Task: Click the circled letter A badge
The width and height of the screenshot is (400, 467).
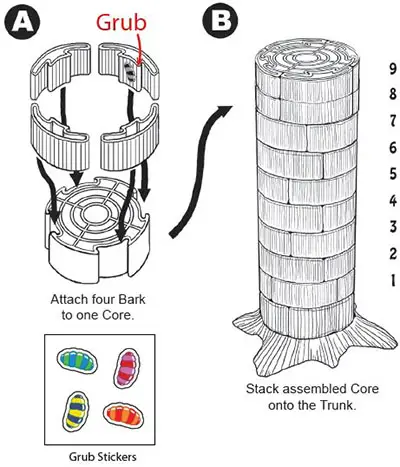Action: [22, 22]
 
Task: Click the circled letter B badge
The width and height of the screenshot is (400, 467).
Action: [221, 20]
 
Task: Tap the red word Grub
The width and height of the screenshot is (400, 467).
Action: [121, 24]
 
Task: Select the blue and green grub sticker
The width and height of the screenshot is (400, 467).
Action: [77, 361]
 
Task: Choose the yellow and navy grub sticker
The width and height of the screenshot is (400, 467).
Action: [76, 411]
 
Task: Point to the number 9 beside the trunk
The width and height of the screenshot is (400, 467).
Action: [393, 69]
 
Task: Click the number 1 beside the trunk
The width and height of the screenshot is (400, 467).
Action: [393, 280]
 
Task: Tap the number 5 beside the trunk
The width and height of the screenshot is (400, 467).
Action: [393, 174]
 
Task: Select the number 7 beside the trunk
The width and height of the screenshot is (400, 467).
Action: [393, 120]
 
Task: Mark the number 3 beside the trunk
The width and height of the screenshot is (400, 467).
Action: [393, 227]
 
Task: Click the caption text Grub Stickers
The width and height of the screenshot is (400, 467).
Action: [102, 456]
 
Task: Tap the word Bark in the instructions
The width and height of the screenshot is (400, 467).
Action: [133, 299]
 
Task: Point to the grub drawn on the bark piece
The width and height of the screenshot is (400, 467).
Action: [130, 72]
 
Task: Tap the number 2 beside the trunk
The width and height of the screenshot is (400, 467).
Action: [393, 254]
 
